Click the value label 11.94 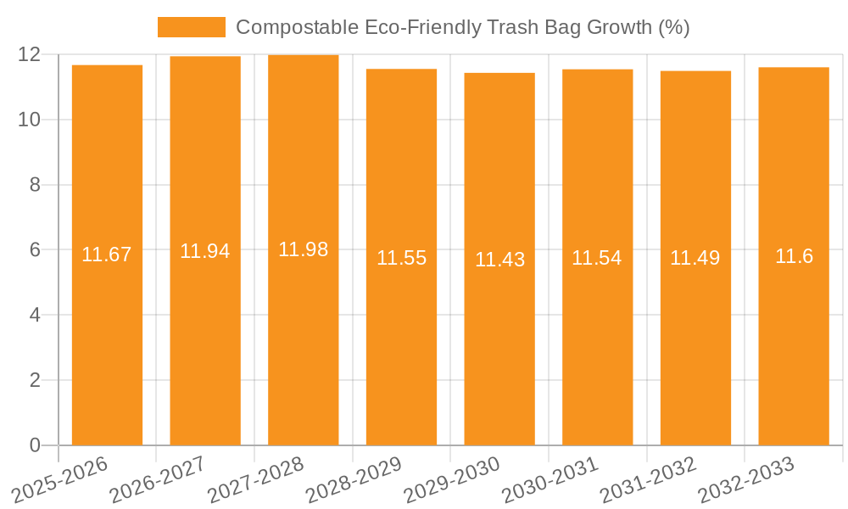205,251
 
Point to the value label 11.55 401,258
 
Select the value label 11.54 597,258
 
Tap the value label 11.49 695,259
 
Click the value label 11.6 794,256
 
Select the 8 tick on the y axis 35,185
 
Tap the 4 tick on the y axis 35,315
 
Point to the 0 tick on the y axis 35,445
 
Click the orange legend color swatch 192,27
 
